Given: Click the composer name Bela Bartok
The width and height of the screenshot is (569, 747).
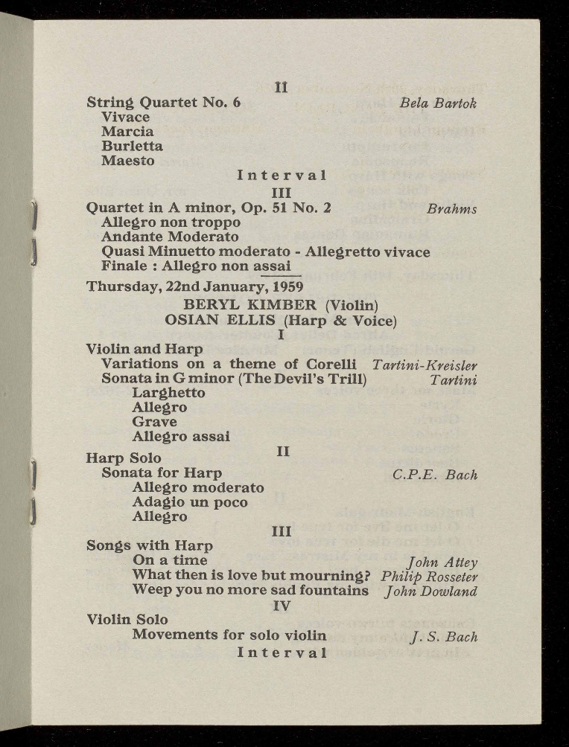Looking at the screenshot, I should [x=437, y=103].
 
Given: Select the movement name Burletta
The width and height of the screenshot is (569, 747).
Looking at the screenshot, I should [x=132, y=146].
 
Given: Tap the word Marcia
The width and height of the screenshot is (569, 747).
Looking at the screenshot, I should [x=127, y=132].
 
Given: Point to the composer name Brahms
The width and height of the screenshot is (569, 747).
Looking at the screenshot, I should [x=452, y=209].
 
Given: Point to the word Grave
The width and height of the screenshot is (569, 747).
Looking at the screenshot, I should [x=154, y=422].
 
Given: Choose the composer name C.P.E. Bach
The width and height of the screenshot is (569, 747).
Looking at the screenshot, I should [x=435, y=475].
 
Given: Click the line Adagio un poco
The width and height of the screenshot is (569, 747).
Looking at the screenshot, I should [x=189, y=502].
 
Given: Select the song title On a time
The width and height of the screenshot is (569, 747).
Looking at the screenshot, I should [x=169, y=560].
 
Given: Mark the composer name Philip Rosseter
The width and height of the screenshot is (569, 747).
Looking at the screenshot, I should [x=428, y=577].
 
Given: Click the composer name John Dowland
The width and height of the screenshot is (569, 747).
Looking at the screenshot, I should [x=430, y=591].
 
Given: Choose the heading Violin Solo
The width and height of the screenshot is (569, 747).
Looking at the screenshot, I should [x=127, y=619].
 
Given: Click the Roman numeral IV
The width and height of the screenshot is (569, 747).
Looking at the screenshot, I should [x=281, y=606].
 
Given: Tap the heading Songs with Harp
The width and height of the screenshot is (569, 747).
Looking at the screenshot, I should [x=150, y=545].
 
